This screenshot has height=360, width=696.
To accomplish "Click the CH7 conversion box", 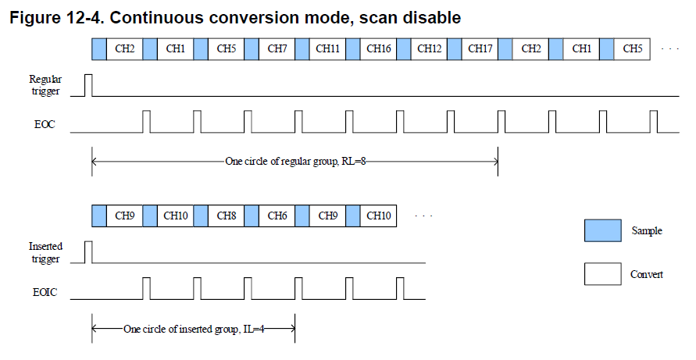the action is click(x=277, y=49).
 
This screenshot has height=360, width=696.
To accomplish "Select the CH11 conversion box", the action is click(x=327, y=49).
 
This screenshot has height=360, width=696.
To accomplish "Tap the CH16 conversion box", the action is click(x=379, y=49).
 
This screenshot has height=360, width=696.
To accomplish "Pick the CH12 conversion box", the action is click(x=429, y=49).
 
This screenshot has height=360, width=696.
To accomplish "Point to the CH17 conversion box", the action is click(x=480, y=49).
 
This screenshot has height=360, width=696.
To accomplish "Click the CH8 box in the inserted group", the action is click(x=227, y=216).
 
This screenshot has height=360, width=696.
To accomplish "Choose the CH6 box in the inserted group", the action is click(x=277, y=216).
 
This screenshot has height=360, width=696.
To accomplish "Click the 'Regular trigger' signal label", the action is click(x=45, y=85).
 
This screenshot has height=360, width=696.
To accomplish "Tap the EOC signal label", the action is click(x=45, y=124).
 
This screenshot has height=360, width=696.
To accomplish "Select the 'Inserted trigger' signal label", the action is click(x=45, y=252).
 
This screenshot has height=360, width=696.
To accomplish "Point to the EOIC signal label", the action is click(x=45, y=292).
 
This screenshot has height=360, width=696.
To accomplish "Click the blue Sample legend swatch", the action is click(x=603, y=230).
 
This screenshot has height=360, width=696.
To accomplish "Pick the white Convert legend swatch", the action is click(x=603, y=274).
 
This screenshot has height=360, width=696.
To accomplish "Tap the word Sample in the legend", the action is click(x=647, y=231).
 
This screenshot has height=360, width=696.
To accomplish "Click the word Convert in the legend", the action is click(x=647, y=274).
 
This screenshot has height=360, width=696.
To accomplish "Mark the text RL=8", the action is click(x=354, y=161).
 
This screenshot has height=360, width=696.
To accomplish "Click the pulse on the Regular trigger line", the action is click(x=88, y=85).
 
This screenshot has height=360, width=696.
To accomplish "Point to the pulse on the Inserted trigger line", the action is click(x=88, y=252).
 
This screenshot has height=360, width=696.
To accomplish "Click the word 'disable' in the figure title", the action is click(x=432, y=18).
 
